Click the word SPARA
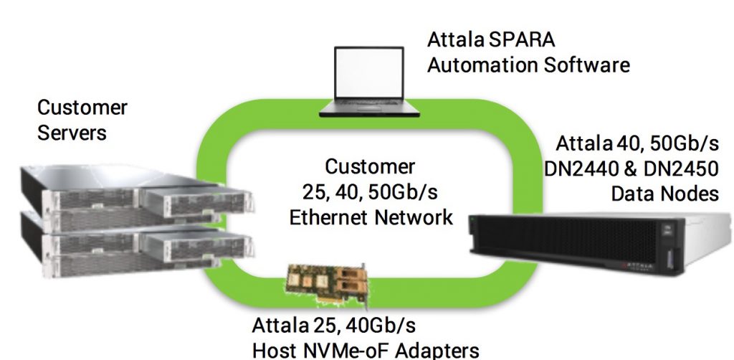pyautogui.click(x=522, y=39)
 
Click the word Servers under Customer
pyautogui.click(x=72, y=133)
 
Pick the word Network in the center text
pyautogui.click(x=414, y=217)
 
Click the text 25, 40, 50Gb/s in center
pyautogui.click(x=370, y=192)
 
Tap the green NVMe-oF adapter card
pyautogui.click(x=326, y=285)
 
